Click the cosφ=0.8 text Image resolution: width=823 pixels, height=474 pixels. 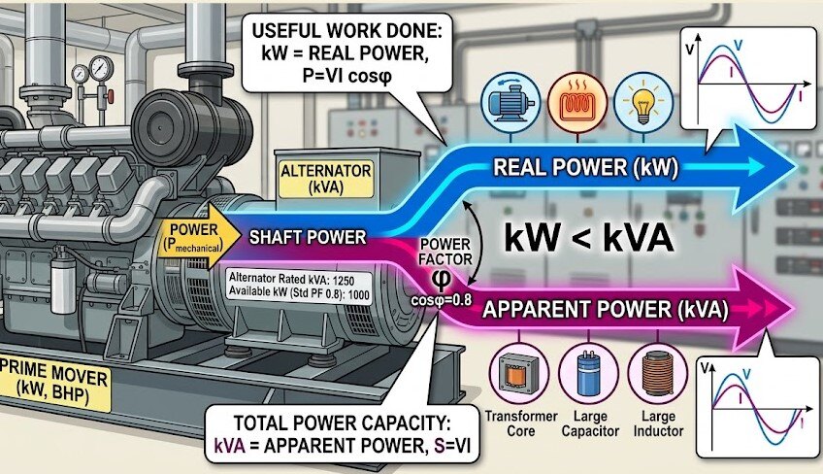(x=443, y=300)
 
